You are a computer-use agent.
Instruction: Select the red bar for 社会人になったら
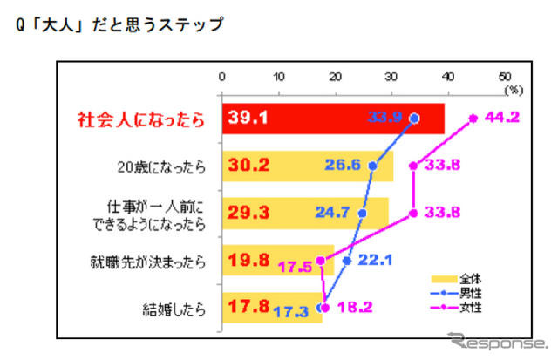pyautogui.click(x=331, y=119)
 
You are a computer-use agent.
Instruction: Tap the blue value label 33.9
pyautogui.click(x=387, y=118)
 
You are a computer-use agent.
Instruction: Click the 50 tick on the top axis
pyautogui.click(x=503, y=76)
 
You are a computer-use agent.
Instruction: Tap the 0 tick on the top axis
pyautogui.click(x=223, y=76)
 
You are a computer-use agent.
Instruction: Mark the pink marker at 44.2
pyautogui.click(x=473, y=117)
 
